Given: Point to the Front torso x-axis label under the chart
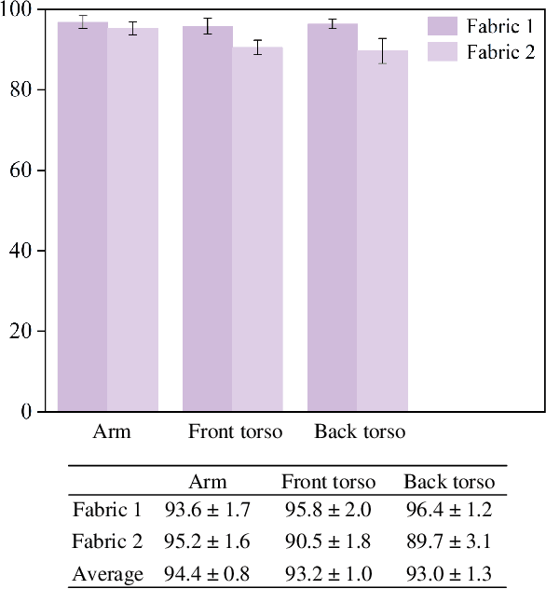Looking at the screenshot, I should [x=236, y=431].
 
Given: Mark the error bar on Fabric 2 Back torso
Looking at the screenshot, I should [x=383, y=51].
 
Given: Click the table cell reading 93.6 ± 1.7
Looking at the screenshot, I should [x=207, y=510].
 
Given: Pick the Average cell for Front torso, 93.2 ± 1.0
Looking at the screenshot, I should [x=328, y=574].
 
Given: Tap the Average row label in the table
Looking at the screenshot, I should [x=108, y=574].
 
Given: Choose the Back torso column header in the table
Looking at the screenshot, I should [x=449, y=482].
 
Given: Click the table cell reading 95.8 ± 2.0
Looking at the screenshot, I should [x=328, y=510].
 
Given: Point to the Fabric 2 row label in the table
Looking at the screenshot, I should [x=108, y=542].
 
